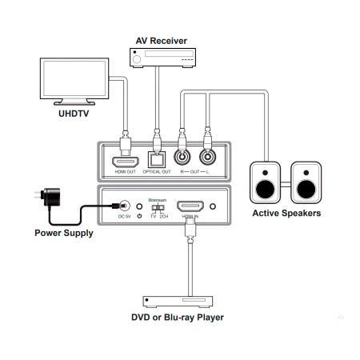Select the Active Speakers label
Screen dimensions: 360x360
tap(287, 214)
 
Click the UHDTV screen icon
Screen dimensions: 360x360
tap(76, 80)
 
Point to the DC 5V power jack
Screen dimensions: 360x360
tap(122, 206)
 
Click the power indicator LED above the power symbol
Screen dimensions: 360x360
tap(141, 206)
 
